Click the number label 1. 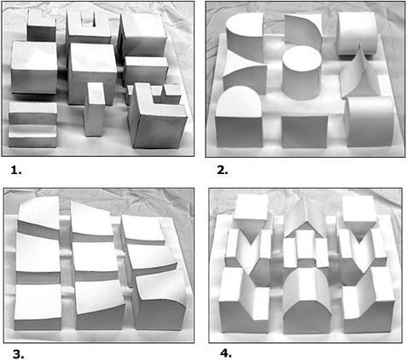coord(16,170)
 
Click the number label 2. coord(223,170)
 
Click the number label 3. coord(18,354)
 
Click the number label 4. coord(226,353)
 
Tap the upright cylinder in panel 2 coord(302,74)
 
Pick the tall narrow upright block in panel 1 coord(95,109)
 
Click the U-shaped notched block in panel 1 coord(89,27)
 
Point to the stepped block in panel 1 coord(32,125)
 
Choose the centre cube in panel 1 coord(92,73)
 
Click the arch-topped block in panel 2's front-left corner coord(239,117)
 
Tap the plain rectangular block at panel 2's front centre coord(305,131)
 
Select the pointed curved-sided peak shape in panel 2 coord(360,73)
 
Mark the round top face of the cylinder coord(302,59)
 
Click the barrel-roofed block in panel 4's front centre coord(307,301)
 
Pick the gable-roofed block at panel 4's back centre coord(305,218)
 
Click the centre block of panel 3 coord(96,261)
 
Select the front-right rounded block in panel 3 coord(160,302)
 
